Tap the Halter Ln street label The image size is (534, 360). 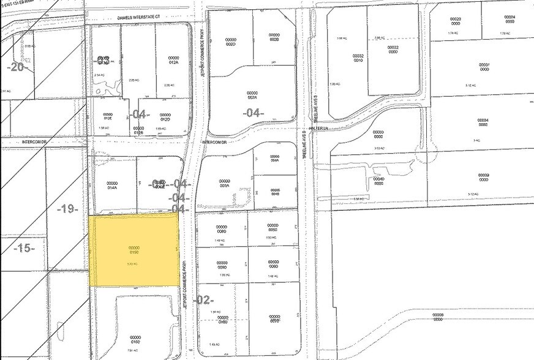pyautogui.click(x=318, y=129)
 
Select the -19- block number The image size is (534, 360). pyautogui.click(x=67, y=209)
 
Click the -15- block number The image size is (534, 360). pyautogui.click(x=24, y=248)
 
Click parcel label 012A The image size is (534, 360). pyautogui.click(x=173, y=60)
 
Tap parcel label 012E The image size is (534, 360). pyautogui.click(x=108, y=116)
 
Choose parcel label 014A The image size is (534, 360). pyautogui.click(x=111, y=185)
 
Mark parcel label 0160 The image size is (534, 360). pyautogui.click(x=135, y=339)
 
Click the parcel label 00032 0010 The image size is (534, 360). pyautogui.click(x=358, y=58)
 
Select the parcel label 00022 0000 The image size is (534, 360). pyautogui.click(x=393, y=50)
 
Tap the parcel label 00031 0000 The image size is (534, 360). pyautogui.click(x=484, y=67)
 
